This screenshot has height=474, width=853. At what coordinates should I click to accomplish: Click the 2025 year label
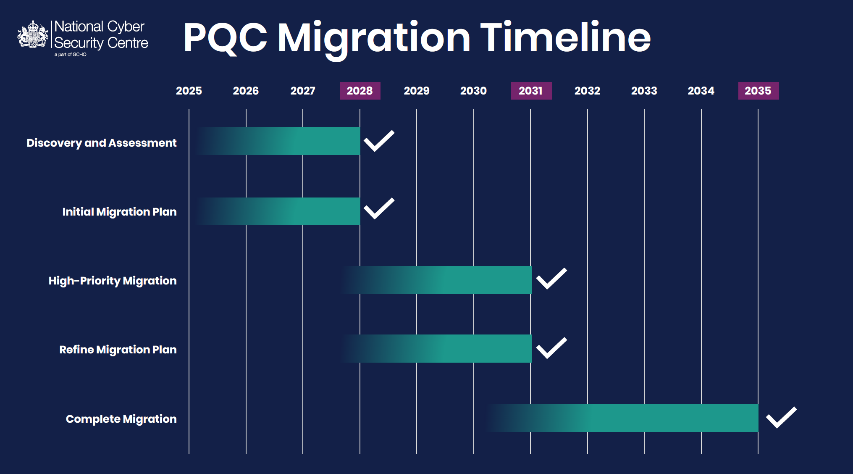pyautogui.click(x=189, y=91)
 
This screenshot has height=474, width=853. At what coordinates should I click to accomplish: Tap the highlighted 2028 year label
pyautogui.click(x=360, y=91)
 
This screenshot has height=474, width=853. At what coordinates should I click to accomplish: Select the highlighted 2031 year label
pyautogui.click(x=531, y=91)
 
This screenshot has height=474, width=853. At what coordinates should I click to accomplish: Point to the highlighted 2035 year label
pyautogui.click(x=758, y=91)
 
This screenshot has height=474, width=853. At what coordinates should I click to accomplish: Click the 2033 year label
pyautogui.click(x=644, y=91)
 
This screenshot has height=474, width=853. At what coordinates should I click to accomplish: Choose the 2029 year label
pyautogui.click(x=417, y=91)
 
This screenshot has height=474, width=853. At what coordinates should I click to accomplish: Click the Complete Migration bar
pyautogui.click(x=638, y=418)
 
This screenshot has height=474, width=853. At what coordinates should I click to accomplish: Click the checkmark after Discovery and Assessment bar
pyautogui.click(x=379, y=141)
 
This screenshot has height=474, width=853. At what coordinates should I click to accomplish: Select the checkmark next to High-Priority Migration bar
pyautogui.click(x=551, y=279)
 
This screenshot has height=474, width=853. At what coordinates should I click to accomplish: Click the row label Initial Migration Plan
pyautogui.click(x=119, y=212)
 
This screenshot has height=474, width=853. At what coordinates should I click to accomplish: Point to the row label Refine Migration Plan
pyautogui.click(x=118, y=350)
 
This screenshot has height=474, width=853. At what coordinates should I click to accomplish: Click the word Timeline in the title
pyautogui.click(x=565, y=38)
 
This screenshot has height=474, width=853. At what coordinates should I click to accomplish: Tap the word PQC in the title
pyautogui.click(x=225, y=38)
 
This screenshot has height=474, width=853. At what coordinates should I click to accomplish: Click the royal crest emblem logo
pyautogui.click(x=33, y=34)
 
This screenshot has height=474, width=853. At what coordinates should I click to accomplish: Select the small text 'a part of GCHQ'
pyautogui.click(x=70, y=55)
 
